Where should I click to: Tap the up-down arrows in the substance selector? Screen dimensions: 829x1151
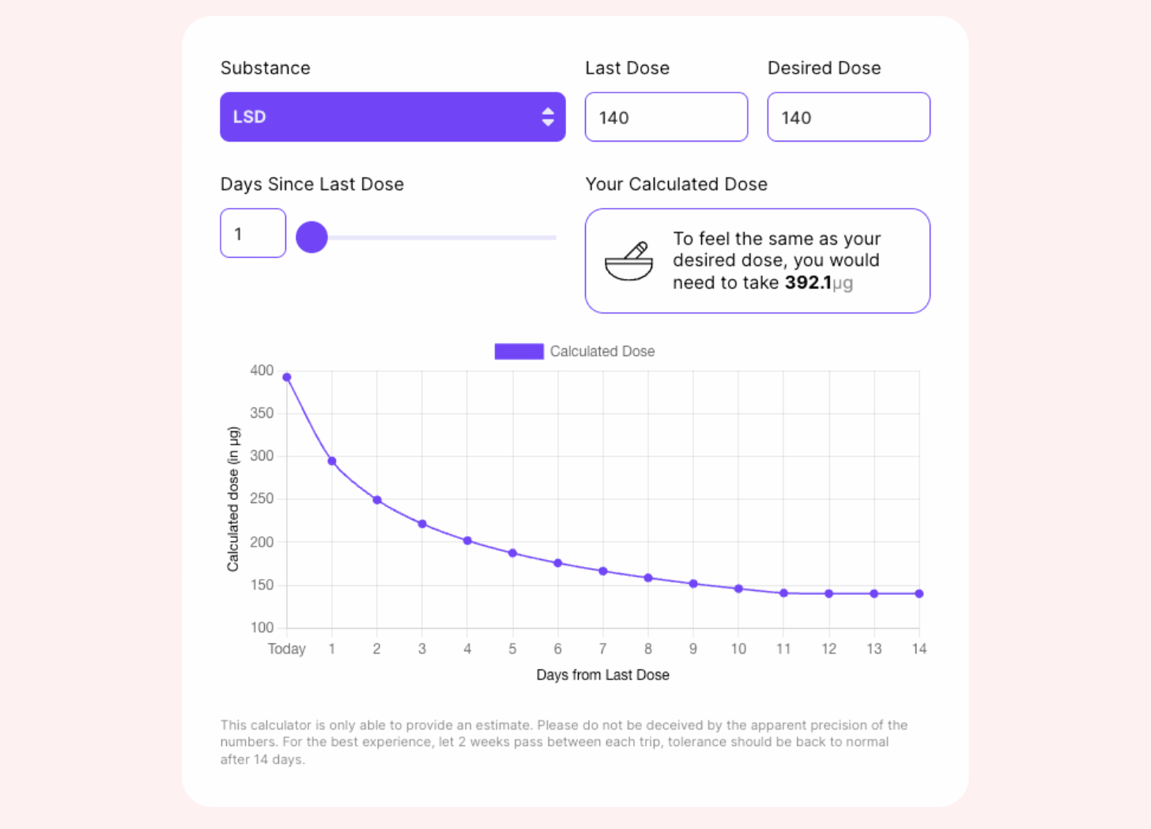coord(548,117)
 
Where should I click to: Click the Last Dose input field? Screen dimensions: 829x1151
coord(666,117)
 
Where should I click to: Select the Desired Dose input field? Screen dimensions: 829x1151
coord(848,117)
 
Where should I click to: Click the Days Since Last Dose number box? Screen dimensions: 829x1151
coord(252,233)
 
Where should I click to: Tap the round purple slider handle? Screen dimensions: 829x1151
coord(311,237)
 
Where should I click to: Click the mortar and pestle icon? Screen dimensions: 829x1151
coord(629,261)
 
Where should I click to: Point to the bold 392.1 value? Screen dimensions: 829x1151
coord(807,282)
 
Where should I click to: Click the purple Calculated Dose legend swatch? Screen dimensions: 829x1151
coord(519,351)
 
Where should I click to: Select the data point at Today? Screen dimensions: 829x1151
coord(287,377)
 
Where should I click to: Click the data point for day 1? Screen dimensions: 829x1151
coord(332,461)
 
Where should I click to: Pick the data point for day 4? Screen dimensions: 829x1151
coord(467,541)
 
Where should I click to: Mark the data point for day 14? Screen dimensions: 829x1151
coord(919,593)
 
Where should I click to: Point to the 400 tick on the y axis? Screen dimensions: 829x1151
coord(262,370)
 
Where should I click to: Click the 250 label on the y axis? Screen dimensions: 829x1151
coord(262,498)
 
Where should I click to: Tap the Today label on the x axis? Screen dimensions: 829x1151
coord(286,649)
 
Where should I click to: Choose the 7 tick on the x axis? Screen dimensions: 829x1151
coord(602,649)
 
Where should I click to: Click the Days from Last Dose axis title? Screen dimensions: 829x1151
coord(602,675)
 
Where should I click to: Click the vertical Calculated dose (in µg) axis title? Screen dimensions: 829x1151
coord(232,499)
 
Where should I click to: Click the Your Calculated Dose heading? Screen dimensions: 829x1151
coord(676,184)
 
